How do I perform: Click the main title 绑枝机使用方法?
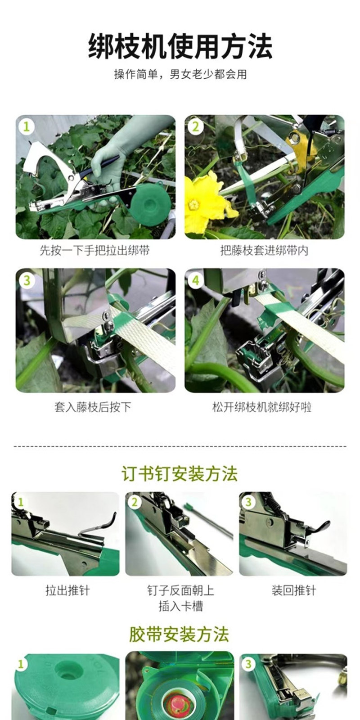(180, 47)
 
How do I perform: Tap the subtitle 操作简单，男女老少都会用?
(180, 75)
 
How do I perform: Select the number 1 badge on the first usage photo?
(27, 126)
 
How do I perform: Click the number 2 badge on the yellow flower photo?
(195, 126)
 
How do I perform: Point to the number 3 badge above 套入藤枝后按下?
(27, 280)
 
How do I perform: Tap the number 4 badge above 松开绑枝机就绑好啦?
(195, 280)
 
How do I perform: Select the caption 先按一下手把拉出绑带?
(95, 250)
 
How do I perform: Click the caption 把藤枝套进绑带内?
(264, 250)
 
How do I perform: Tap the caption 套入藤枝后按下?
(93, 407)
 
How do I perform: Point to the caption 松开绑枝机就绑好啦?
(262, 407)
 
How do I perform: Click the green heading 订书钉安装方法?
(180, 474)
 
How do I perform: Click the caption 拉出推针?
(67, 590)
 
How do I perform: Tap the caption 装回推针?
(294, 590)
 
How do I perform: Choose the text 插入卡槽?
(180, 606)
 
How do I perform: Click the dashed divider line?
(180, 446)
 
